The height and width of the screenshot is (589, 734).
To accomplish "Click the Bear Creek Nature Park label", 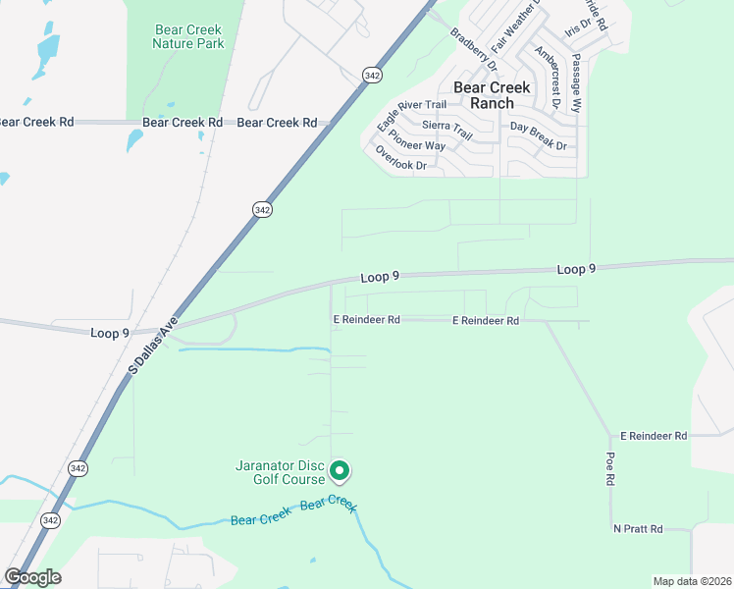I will (189, 36).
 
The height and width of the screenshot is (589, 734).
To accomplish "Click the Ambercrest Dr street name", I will (548, 76).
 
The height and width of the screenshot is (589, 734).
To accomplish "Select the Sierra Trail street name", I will (447, 126).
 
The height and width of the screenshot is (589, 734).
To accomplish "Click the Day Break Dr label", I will (539, 136).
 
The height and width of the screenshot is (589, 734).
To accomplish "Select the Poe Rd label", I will (609, 469).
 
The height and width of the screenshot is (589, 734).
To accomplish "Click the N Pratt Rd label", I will (638, 529).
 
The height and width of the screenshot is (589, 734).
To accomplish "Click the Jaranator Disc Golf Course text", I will (280, 472).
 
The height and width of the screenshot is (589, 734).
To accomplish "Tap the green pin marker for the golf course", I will (340, 472).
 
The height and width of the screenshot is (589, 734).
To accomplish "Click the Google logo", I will (32, 577).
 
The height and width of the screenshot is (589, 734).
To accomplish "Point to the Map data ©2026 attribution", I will (691, 581).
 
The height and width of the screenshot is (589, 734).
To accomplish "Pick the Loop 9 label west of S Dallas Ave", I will (110, 333).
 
